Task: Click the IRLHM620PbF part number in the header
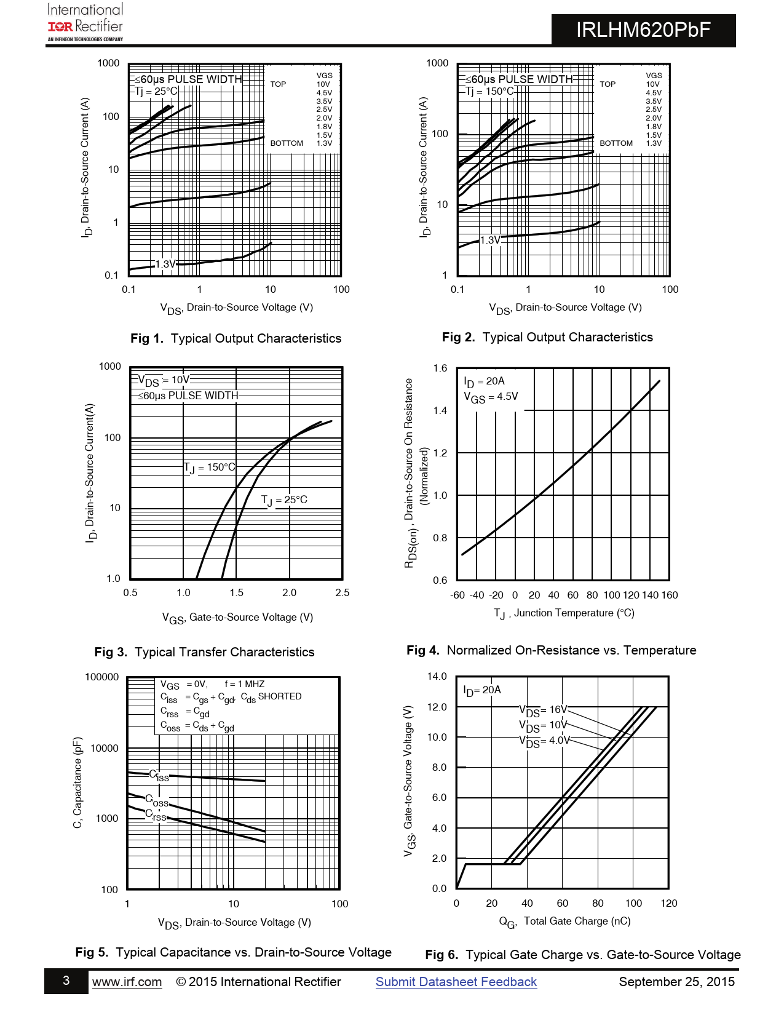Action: (643, 30)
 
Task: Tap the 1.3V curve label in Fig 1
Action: (165, 265)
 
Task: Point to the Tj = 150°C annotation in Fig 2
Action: (489, 92)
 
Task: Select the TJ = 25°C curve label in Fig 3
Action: (284, 500)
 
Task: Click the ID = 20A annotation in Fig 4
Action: (484, 381)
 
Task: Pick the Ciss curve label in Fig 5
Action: (159, 776)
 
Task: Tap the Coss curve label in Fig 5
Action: (157, 801)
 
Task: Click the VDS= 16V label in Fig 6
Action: (543, 710)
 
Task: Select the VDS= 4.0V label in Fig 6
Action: (545, 741)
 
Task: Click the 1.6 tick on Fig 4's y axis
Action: (440, 368)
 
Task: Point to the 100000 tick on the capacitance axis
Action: (102, 677)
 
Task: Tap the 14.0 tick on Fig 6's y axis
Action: (437, 677)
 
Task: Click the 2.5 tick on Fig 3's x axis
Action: (343, 593)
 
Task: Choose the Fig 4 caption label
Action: (552, 650)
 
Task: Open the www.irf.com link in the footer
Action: (127, 982)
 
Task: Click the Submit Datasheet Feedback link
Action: (456, 982)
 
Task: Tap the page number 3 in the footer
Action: (66, 981)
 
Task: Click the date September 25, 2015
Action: (676, 982)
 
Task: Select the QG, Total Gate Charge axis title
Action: (564, 921)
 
